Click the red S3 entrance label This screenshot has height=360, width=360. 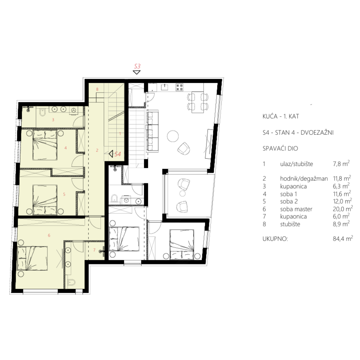pyautogui.click(x=137, y=66)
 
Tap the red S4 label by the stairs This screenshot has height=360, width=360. pyautogui.click(x=118, y=154)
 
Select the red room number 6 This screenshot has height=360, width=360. pyautogui.click(x=49, y=235)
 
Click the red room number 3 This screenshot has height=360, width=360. pyautogui.click(x=53, y=120)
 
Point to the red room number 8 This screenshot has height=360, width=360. pyautogui.click(x=97, y=89)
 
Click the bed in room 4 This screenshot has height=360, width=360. pyautogui.click(x=45, y=145)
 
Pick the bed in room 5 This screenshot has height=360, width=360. pyautogui.click(x=45, y=200)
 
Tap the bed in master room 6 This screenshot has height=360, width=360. pyautogui.click(x=33, y=258)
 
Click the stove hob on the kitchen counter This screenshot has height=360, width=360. pyautogui.click(x=180, y=87)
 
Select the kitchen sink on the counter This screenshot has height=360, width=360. pyautogui.click(x=164, y=87)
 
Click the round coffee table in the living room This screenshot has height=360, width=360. pyautogui.click(x=173, y=136)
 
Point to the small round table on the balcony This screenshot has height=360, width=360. pyautogui.click(x=182, y=193)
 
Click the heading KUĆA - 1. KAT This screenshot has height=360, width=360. pyautogui.click(x=281, y=116)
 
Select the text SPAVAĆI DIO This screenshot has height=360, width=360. pyautogui.click(x=280, y=148)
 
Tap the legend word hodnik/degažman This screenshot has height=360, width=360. pyautogui.click(x=304, y=179)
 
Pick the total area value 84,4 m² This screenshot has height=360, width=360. pyautogui.click(x=343, y=238)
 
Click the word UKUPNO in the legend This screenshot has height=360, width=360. pyautogui.click(x=275, y=239)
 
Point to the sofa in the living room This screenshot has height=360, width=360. pyautogui.click(x=152, y=131)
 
